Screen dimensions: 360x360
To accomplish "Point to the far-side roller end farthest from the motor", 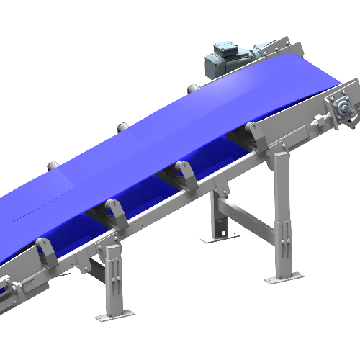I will tap(53, 166).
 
